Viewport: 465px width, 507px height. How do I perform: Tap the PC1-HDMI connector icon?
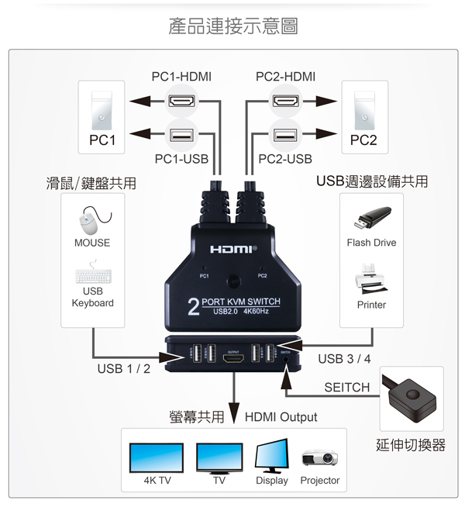point(181,101)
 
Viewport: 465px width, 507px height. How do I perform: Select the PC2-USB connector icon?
point(284,135)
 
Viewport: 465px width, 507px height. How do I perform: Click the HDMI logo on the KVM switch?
point(232,250)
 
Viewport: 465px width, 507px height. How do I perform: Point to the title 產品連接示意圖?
point(232,26)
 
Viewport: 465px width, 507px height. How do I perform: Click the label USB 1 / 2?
point(124,368)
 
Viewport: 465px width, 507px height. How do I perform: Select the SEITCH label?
point(346,387)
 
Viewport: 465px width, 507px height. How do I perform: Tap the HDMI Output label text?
point(281,417)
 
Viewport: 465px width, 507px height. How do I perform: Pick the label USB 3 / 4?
point(344,359)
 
